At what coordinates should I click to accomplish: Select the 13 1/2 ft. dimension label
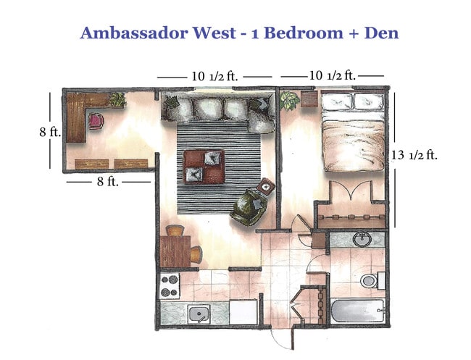coord(414,154)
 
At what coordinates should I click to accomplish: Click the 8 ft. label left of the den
coord(49,133)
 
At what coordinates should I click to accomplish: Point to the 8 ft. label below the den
coord(108,182)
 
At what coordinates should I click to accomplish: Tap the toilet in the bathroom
coord(368,280)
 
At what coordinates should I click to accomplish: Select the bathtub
coord(358,311)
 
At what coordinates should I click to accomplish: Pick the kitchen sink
coord(197,314)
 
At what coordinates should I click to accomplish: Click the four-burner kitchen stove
coord(170,285)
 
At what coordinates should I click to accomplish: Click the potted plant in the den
coord(116,100)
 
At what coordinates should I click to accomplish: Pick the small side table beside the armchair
coord(267,186)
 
